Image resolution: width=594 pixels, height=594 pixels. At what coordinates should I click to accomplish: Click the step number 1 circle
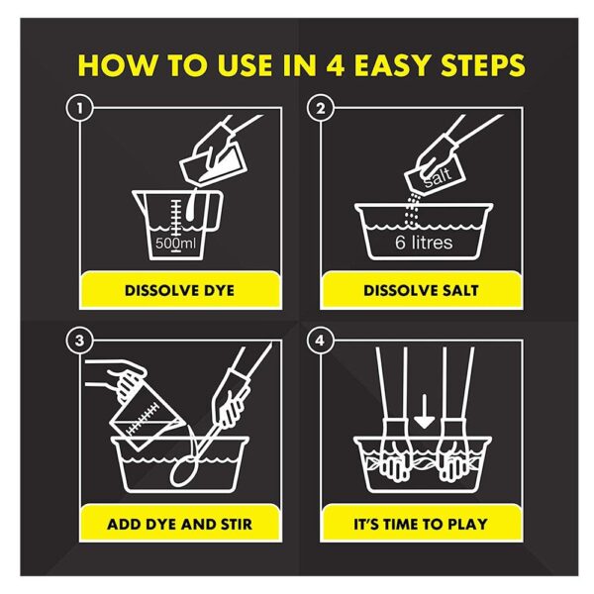click(79, 108)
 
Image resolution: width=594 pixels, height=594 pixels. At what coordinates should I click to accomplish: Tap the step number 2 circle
click(321, 108)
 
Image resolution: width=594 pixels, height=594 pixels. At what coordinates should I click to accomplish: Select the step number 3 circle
click(79, 341)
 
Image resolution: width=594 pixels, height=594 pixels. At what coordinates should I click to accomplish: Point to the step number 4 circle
click(321, 341)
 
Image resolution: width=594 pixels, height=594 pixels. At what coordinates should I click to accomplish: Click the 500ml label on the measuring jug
click(175, 243)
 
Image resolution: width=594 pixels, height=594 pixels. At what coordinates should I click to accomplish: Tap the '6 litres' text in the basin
click(424, 243)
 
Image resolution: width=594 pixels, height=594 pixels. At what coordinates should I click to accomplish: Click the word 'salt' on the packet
click(438, 177)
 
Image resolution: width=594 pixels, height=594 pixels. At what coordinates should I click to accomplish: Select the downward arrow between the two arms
click(425, 412)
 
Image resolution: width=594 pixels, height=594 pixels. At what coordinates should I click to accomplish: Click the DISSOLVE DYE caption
click(179, 290)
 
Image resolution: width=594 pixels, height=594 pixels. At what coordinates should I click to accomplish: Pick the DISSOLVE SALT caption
click(421, 290)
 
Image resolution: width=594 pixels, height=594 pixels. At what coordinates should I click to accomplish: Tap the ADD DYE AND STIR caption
click(179, 525)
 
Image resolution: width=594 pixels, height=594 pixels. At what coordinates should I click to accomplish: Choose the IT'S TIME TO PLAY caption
click(421, 525)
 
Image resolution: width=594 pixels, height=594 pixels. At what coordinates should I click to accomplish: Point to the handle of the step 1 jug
click(214, 211)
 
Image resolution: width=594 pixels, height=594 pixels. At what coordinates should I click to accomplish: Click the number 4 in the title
click(336, 65)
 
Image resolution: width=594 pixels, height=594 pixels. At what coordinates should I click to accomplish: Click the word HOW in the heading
click(117, 65)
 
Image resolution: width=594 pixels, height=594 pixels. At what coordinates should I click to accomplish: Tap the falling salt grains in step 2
click(411, 210)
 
